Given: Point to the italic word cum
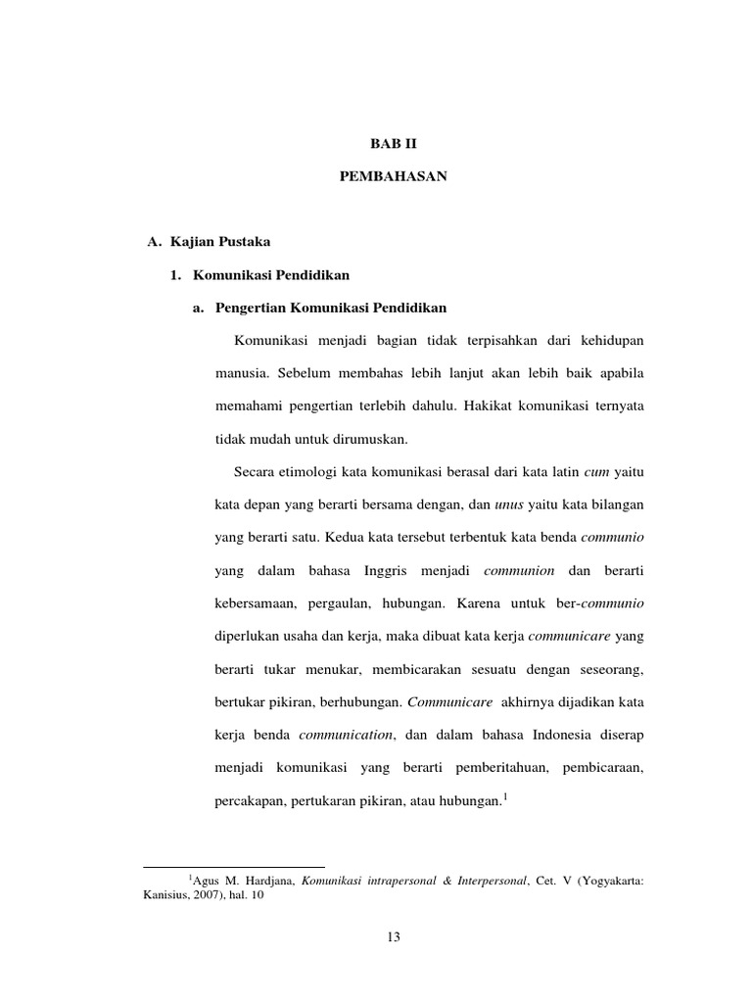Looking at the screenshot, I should click(596, 472).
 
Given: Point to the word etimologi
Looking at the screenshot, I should click(314, 472).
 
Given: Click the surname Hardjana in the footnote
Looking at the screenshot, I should click(271, 881).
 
